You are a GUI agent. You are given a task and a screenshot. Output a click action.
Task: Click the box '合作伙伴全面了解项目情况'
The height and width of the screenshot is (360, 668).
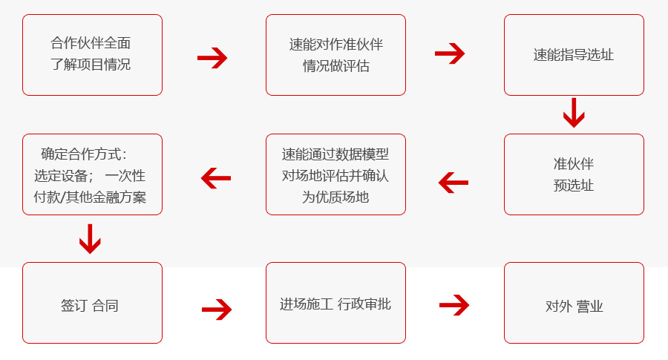coord(92,55)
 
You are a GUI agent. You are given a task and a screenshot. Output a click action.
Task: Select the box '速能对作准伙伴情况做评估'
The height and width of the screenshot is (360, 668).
coord(335,55)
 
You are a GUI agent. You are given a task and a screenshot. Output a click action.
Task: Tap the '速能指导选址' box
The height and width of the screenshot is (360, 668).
coord(574,55)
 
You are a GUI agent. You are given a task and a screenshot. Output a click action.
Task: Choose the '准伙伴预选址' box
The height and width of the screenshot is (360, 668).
coord(574,174)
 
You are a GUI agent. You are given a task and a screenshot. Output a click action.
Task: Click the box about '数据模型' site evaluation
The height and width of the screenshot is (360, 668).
coord(335,174)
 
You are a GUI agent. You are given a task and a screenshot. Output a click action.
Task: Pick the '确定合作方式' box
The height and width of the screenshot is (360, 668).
coord(92,174)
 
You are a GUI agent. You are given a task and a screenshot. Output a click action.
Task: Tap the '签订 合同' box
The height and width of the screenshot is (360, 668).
coord(92,303)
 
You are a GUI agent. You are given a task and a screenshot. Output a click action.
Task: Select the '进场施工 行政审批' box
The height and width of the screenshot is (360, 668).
coord(335,303)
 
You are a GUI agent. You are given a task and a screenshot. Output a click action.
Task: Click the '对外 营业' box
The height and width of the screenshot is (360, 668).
coord(574,303)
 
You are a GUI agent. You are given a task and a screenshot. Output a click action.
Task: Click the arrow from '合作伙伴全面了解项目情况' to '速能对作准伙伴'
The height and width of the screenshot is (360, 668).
coord(212,57)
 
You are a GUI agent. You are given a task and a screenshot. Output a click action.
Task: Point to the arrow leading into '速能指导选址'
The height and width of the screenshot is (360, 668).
coord(450,53)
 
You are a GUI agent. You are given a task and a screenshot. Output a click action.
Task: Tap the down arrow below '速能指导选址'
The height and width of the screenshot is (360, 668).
coord(574,113)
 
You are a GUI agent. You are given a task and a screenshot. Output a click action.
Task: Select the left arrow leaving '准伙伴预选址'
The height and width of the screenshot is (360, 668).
coord(453,182)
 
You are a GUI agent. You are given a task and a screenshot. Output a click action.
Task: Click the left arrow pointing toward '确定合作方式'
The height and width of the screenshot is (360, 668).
coord(216,178)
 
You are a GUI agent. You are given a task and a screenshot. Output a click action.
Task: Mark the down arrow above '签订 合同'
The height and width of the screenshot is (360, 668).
coord(90,238)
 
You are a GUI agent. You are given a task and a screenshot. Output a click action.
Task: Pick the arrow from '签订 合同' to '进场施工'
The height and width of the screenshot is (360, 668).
coord(217,310)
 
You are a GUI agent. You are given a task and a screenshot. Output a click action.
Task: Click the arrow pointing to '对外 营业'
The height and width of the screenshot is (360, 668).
coord(454,304)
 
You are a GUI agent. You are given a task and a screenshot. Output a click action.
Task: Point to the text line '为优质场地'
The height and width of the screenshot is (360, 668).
coord(335,197)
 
